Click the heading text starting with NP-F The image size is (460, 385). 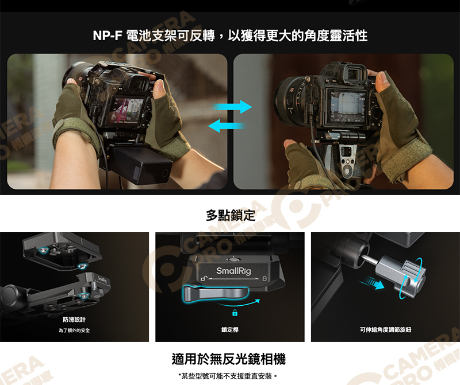(230, 36)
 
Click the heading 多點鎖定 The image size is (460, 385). (230, 215)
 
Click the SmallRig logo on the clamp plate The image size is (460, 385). (233, 271)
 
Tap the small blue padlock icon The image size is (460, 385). (234, 313)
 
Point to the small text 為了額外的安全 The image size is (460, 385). (74, 330)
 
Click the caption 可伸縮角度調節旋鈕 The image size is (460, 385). (385, 330)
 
